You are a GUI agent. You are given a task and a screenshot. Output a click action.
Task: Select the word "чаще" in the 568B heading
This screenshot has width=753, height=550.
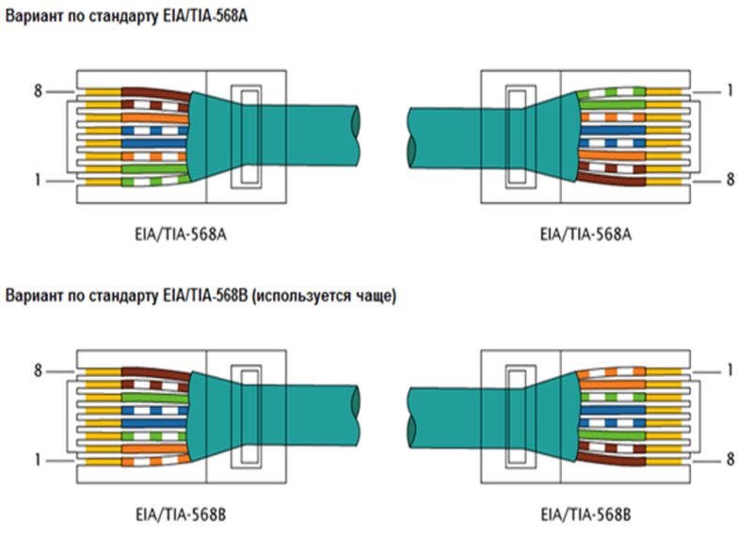pos(379,296)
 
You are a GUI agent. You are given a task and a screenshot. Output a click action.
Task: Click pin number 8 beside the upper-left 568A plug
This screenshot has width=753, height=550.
pos(38,90)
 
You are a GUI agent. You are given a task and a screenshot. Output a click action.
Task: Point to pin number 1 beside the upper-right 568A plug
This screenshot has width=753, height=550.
pos(730,90)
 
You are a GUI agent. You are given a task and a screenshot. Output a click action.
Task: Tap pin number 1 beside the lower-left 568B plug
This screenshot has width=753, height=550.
pos(38,461)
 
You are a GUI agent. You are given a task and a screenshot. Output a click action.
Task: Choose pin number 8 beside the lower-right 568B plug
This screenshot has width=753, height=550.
pos(730,460)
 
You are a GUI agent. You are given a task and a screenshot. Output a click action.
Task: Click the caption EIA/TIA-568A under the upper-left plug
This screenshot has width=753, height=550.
pos(181,234)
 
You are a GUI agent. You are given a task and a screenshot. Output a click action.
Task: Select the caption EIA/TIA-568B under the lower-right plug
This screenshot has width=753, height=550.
pos(585,515)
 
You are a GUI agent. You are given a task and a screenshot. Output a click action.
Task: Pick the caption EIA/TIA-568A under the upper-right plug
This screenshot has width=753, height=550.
pos(585,234)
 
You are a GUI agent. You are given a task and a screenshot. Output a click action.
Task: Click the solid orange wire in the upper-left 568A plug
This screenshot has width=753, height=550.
pos(154,118)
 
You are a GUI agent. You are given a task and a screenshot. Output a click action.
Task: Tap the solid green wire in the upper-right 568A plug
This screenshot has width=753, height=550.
pos(612,104)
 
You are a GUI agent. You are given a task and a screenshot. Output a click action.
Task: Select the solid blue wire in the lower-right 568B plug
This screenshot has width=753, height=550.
pos(613,410)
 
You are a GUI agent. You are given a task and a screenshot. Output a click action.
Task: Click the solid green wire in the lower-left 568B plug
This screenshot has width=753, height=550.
pos(154,398)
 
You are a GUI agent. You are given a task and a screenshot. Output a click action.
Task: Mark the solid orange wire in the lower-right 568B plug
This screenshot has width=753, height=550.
pos(612,385)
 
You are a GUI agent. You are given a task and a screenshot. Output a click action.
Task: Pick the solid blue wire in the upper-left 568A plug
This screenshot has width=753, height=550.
pos(153,143)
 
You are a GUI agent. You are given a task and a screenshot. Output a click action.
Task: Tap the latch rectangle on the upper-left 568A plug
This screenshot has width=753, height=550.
pos(247,136)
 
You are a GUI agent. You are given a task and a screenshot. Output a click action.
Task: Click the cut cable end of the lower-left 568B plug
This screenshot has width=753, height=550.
pos(356,416)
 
